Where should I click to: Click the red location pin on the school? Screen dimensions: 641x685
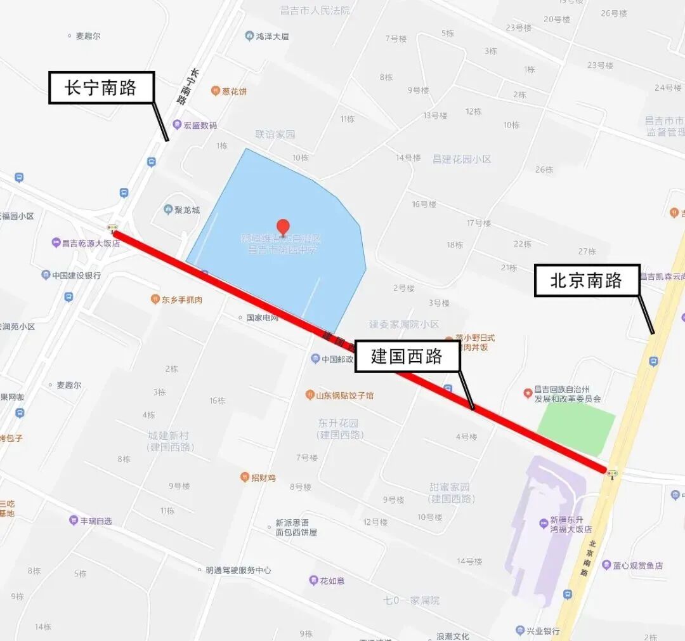[283, 226]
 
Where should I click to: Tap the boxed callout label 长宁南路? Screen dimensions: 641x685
[101, 88]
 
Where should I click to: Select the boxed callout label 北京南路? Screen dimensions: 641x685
[587, 281]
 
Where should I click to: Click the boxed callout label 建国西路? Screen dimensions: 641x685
[407, 357]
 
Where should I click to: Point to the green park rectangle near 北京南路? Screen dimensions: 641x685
[577, 429]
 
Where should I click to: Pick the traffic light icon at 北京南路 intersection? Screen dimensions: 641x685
[612, 473]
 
